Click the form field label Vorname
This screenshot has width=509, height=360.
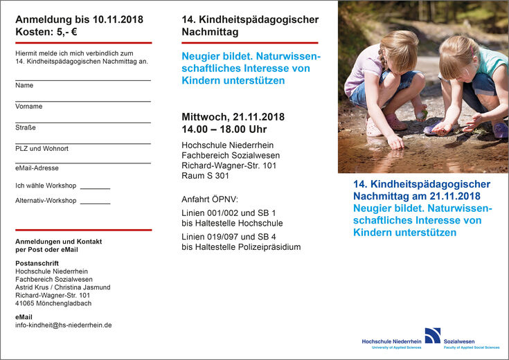pos(29,107)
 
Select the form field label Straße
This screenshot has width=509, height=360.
pos(26,127)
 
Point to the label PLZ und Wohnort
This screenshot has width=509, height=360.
pos(42,148)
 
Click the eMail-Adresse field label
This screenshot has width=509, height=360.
pos(37,168)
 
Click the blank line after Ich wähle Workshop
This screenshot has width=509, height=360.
pos(95,187)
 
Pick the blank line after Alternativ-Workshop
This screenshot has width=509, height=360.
pos(95,201)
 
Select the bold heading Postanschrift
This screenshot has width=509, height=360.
pos(37,263)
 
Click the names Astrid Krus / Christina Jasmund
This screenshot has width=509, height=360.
pos(62,287)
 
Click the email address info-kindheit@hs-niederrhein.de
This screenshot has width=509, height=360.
pos(64,325)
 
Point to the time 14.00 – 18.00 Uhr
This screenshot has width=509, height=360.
pos(224,129)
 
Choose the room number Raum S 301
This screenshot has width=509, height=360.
pos(206,176)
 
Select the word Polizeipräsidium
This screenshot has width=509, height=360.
pos(271,247)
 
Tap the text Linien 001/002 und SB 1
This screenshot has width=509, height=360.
pos(229,213)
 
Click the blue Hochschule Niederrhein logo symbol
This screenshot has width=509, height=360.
pos(432,335)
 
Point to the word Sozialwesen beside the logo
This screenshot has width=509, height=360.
pos(459,341)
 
